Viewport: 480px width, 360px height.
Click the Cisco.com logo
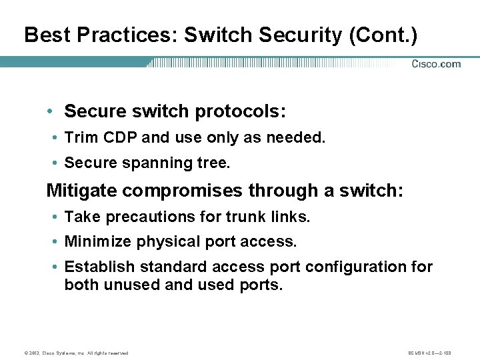tap(436, 64)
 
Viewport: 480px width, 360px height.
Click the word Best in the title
tap(44, 35)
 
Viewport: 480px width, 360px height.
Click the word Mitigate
tap(82, 191)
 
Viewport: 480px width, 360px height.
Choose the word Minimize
tap(98, 241)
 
